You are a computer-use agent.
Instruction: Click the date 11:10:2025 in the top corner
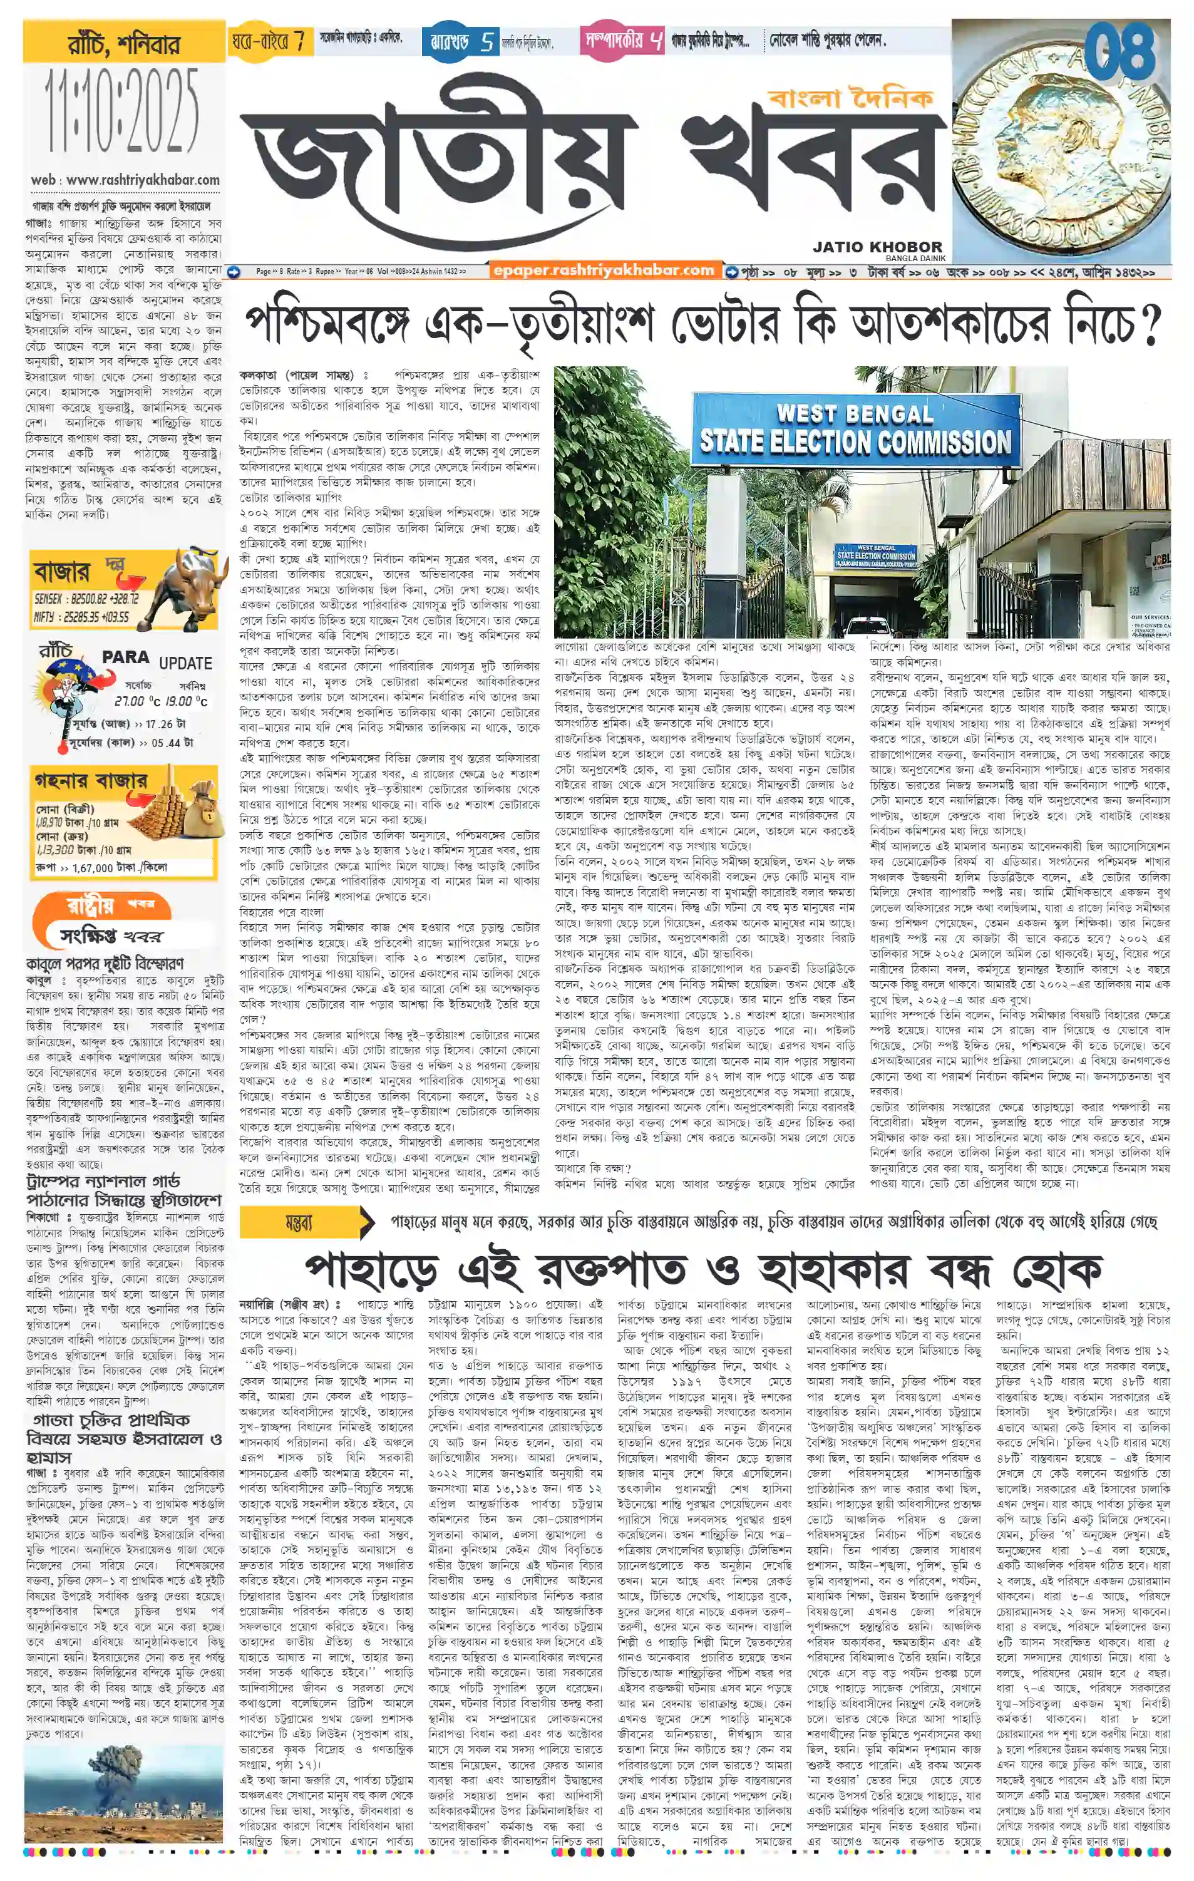123,111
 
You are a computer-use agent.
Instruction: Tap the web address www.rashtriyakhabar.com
142,180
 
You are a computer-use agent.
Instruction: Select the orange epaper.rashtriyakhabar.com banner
604,271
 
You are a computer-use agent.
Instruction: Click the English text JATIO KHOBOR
877,247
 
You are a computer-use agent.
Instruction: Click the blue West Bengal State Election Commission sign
855,430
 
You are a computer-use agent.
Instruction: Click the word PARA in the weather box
125,657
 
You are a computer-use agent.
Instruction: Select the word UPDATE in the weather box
185,663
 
